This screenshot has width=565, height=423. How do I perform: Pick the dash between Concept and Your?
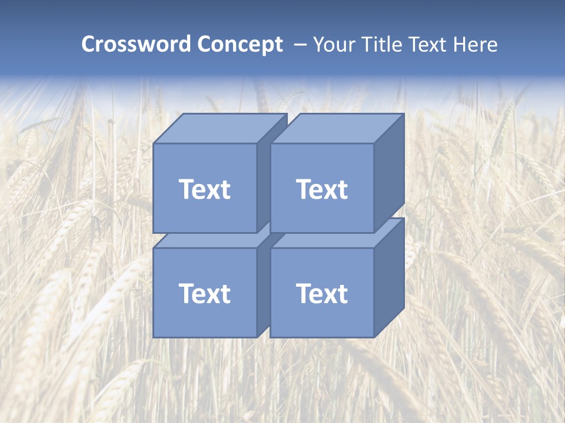click(x=300, y=45)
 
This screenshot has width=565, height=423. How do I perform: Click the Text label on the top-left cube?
click(x=204, y=189)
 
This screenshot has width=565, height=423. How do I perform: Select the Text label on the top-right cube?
click(x=321, y=189)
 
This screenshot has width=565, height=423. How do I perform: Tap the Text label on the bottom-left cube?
click(x=204, y=293)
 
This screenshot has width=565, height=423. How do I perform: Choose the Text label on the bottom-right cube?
click(x=321, y=293)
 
